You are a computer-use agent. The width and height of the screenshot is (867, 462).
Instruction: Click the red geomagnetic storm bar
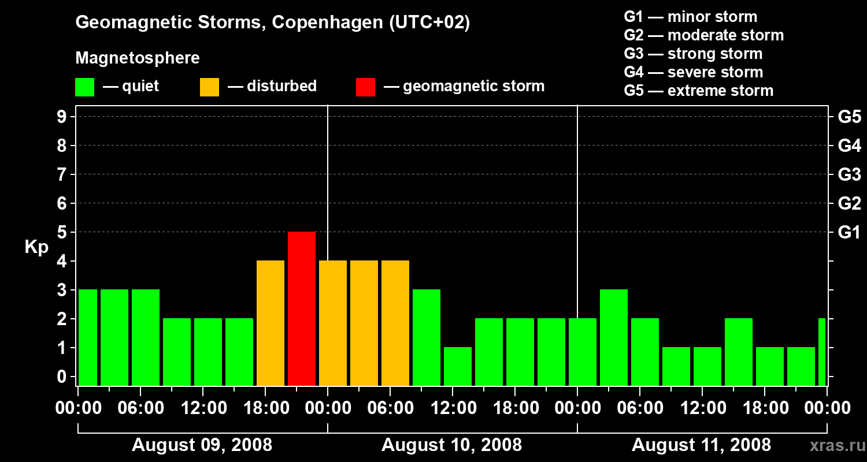click(x=302, y=308)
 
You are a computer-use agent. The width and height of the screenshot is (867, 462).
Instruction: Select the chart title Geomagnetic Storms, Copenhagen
click(x=272, y=23)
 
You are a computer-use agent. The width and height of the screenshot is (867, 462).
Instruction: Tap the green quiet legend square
click(x=84, y=87)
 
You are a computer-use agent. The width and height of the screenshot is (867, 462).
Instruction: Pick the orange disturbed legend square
click(x=209, y=87)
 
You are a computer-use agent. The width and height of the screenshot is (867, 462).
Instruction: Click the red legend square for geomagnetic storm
click(x=365, y=87)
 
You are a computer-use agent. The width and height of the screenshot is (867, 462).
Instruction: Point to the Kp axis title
click(x=36, y=247)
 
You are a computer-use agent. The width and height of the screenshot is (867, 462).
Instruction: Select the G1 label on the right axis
click(x=849, y=233)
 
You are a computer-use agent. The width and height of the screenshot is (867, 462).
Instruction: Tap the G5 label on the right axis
click(x=849, y=117)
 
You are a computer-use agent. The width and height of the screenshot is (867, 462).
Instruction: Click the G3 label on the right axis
click(x=849, y=175)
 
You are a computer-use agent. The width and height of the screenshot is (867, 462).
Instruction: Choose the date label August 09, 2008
click(x=202, y=445)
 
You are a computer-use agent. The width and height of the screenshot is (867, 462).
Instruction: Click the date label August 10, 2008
click(x=451, y=445)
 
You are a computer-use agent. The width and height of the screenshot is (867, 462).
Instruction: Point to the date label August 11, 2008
click(x=701, y=445)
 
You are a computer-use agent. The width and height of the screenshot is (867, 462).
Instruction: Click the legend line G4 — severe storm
click(x=693, y=72)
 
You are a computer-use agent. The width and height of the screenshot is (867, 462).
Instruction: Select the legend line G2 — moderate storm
click(x=703, y=35)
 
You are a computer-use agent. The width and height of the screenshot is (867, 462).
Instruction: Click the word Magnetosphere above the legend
click(x=138, y=58)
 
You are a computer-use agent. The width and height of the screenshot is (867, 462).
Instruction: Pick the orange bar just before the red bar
click(x=271, y=323)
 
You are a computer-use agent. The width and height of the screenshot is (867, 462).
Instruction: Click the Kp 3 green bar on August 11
click(x=614, y=337)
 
